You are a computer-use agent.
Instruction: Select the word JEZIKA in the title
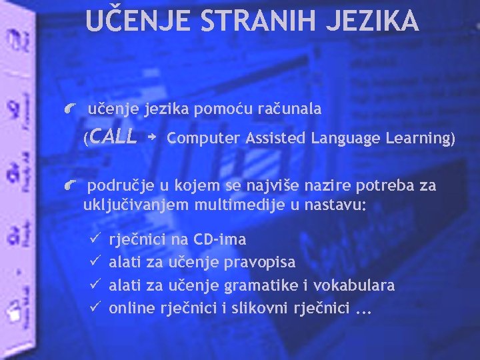pyautogui.click(x=373, y=21)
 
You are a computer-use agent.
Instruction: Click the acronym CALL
pyautogui.click(x=113, y=137)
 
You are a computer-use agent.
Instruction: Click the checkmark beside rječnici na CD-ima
pyautogui.click(x=94, y=238)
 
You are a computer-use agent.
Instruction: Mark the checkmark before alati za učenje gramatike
pyautogui.click(x=94, y=284)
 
